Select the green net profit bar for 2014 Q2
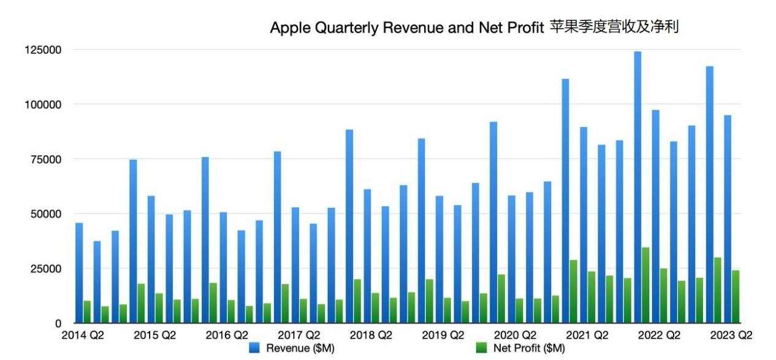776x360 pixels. tap(87, 312)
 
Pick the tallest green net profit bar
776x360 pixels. tap(645, 285)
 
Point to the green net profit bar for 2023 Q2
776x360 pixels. tap(736, 297)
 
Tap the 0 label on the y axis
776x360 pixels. tap(58, 323)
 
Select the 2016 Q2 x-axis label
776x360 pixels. tap(227, 335)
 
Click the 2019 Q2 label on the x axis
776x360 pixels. tap(443, 335)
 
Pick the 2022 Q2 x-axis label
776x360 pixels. tap(660, 335)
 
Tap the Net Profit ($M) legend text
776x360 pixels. tap(529, 348)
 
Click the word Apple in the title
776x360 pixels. tap(287, 28)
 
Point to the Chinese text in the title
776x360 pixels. tap(614, 27)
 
